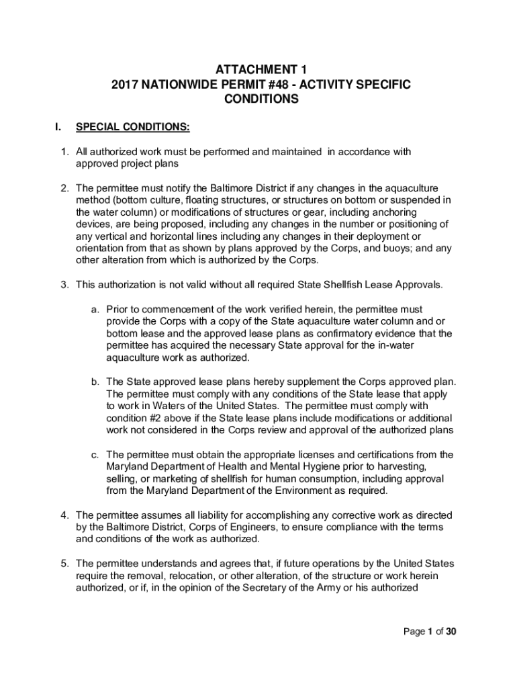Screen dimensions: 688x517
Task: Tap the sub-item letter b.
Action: point(95,382)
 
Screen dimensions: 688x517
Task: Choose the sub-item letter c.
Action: point(95,454)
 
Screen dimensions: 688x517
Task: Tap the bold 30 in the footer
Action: point(451,632)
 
